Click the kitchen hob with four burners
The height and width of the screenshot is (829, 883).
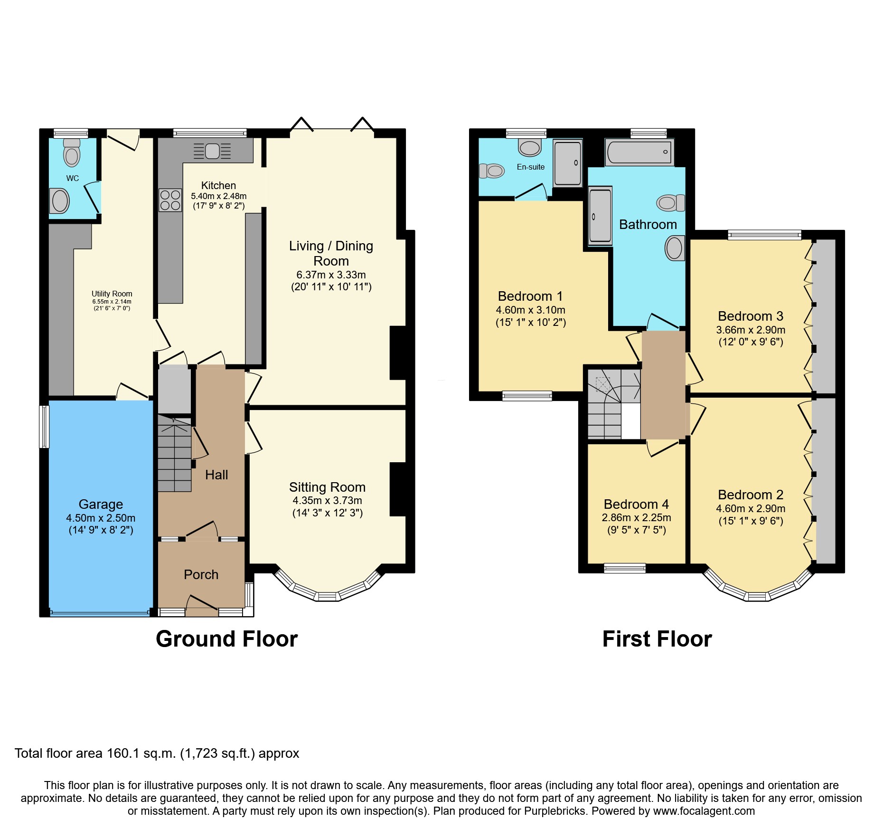click(x=170, y=200)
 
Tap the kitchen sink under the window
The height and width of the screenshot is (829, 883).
click(x=212, y=151)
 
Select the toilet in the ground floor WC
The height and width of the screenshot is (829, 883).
click(x=72, y=152)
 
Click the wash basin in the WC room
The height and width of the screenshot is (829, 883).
click(x=60, y=201)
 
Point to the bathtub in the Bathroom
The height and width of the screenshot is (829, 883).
click(x=639, y=152)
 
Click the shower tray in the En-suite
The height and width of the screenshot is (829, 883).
click(x=568, y=163)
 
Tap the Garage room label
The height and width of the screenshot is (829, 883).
click(x=101, y=505)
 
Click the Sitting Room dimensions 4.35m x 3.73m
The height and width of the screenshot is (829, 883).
click(x=327, y=501)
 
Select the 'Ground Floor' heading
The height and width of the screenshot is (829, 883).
click(x=227, y=639)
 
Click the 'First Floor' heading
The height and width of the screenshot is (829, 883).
click(x=657, y=639)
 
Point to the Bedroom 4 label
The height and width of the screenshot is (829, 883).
click(x=636, y=504)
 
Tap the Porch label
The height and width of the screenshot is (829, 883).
click(x=201, y=574)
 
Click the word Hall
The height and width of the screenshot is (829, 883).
click(x=216, y=475)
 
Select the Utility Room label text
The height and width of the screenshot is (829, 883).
click(x=112, y=294)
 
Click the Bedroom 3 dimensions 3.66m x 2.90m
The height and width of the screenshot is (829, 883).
click(x=751, y=330)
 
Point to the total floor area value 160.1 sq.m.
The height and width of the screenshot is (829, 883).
click(x=141, y=753)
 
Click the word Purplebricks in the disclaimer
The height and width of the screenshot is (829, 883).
click(x=555, y=811)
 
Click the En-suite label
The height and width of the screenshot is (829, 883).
click(x=531, y=167)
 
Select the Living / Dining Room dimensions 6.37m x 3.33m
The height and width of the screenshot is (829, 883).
click(x=331, y=275)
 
